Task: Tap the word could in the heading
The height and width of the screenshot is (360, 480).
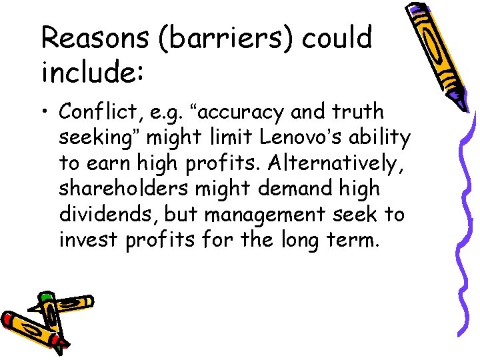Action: [337, 39]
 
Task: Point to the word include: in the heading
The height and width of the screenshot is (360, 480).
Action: [92, 71]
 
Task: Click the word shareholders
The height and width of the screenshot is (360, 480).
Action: [124, 189]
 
